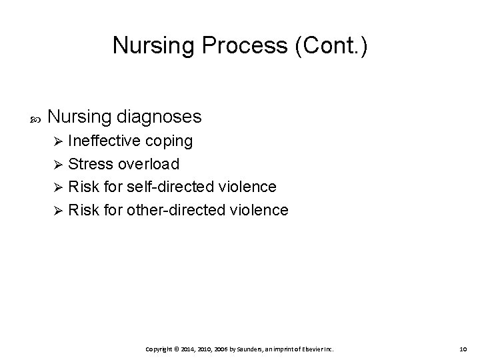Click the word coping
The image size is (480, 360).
coord(169,141)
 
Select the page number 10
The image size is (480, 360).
coord(464,349)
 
